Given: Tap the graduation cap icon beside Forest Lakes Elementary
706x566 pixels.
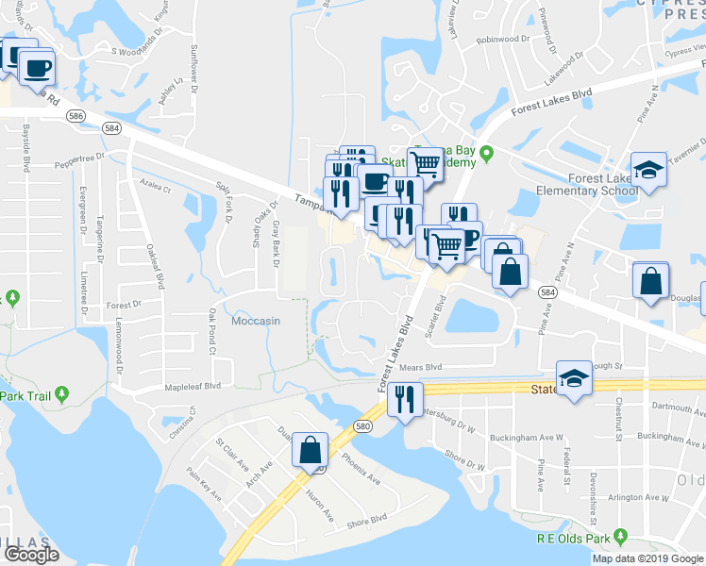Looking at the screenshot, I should pyautogui.click(x=649, y=170).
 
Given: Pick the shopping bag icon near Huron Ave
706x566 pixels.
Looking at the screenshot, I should pyautogui.click(x=311, y=451).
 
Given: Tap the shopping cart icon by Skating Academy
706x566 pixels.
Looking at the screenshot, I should pyautogui.click(x=426, y=164).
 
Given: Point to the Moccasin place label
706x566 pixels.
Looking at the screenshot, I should pyautogui.click(x=255, y=321).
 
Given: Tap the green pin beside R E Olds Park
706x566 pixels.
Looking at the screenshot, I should pyautogui.click(x=620, y=537).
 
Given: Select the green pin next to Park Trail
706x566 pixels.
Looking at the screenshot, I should pyautogui.click(x=61, y=392).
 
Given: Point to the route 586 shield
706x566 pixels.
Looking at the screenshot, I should pyautogui.click(x=76, y=115).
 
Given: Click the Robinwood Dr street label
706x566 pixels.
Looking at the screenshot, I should pyautogui.click(x=504, y=39).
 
